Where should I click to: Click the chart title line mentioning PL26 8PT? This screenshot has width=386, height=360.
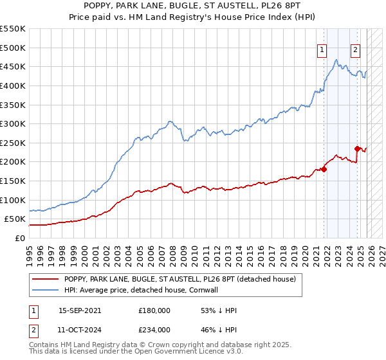[x=193, y=6]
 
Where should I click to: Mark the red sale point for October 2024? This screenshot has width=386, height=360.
[x=358, y=148]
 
